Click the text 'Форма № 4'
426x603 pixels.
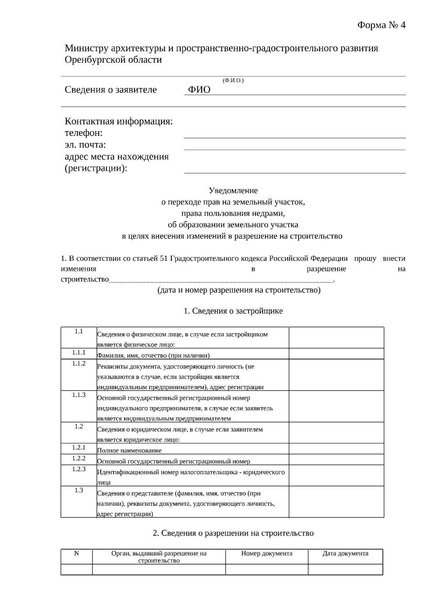[x=381, y=25]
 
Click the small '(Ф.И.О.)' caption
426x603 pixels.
[x=233, y=81]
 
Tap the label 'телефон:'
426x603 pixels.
[x=83, y=133]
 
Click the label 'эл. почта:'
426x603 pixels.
[x=85, y=145]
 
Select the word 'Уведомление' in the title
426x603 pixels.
[x=233, y=190]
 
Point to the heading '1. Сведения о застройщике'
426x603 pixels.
[x=233, y=311]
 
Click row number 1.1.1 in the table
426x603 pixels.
[x=79, y=352]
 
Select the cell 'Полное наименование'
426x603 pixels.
[x=130, y=451]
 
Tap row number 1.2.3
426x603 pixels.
[x=79, y=469]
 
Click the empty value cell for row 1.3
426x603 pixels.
[x=336, y=502]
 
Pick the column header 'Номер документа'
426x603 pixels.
[x=267, y=553]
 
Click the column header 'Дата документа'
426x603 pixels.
[x=345, y=553]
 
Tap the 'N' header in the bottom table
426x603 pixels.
[x=76, y=553]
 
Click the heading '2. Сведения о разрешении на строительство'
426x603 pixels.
[x=233, y=533]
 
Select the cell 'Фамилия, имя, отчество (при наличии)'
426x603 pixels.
[x=153, y=355]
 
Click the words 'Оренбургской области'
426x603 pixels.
[x=113, y=60]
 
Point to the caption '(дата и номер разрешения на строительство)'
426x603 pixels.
[x=239, y=290]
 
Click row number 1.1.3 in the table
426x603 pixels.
[x=79, y=395]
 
